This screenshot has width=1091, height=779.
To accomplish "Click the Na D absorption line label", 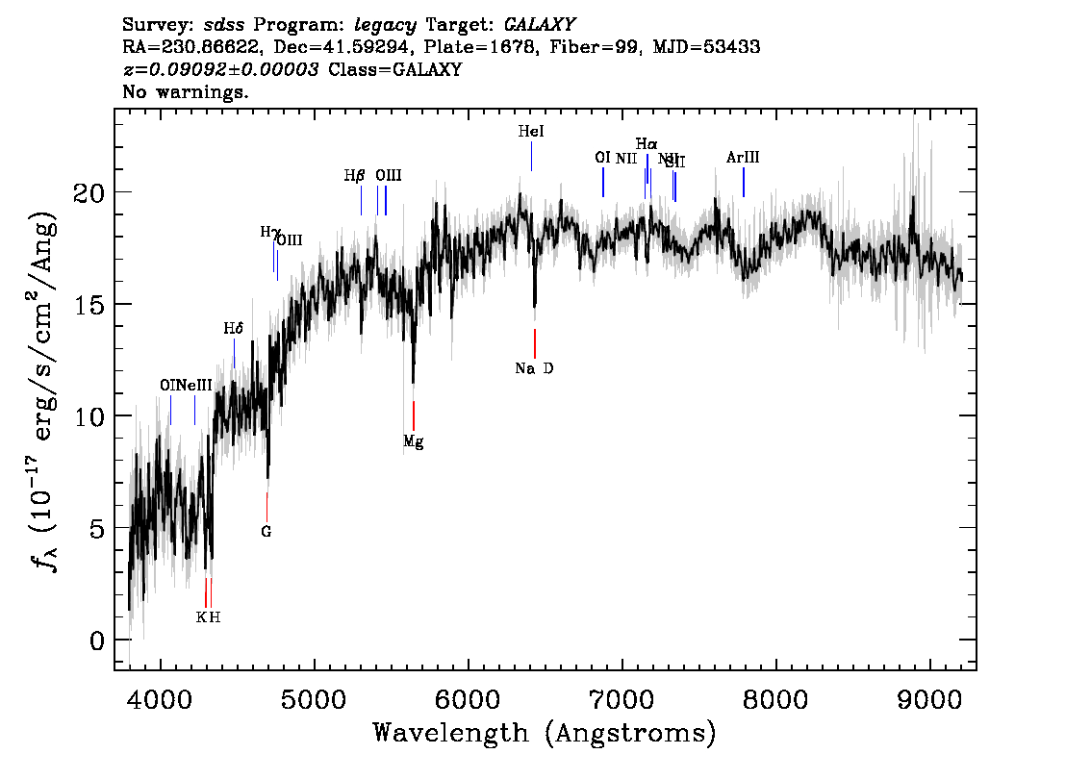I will click(x=534, y=368).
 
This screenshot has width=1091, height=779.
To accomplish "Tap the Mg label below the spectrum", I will click(x=413, y=442).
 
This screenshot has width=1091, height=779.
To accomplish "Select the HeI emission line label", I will click(x=531, y=132).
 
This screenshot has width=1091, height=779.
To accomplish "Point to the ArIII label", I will click(x=743, y=158).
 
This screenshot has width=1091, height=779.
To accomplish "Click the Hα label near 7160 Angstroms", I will click(x=647, y=144).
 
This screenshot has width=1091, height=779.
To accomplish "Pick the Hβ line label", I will click(x=355, y=176).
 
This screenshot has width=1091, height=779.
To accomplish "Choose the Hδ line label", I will click(x=234, y=329).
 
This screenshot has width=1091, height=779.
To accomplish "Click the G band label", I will click(x=266, y=531).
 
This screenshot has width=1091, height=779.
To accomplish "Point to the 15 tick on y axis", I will click(x=89, y=305).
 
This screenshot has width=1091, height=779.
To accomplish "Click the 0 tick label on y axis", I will click(x=97, y=641).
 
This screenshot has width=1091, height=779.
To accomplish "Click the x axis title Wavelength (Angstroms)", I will click(x=545, y=734).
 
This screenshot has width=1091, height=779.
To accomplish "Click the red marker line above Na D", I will click(x=535, y=342).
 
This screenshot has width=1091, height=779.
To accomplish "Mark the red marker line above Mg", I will click(x=414, y=416).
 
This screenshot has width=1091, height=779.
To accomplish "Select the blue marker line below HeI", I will click(x=531, y=156).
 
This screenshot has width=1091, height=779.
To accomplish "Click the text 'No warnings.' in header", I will click(x=186, y=92).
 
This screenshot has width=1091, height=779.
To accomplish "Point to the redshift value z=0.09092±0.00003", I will click(x=222, y=70).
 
